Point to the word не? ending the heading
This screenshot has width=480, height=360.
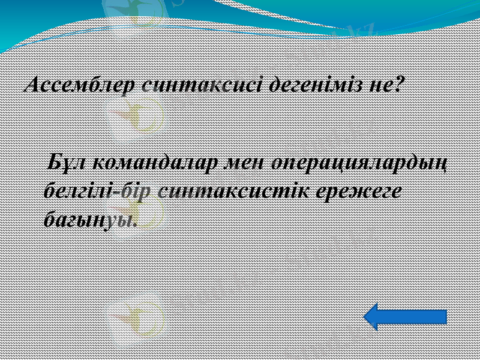pyautogui.click(x=385, y=84)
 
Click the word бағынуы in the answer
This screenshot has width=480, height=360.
pyautogui.click(x=88, y=220)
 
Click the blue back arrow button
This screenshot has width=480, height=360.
pyautogui.click(x=406, y=316)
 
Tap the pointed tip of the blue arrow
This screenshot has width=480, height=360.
pyautogui.click(x=367, y=316)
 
